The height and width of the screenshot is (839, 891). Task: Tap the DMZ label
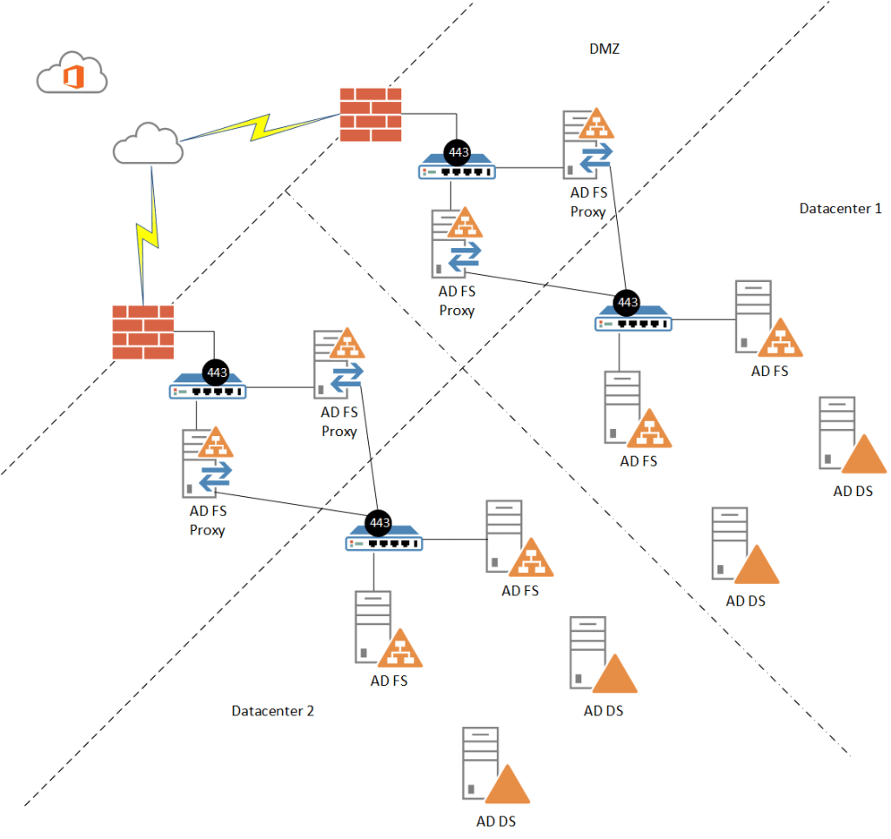(x=604, y=49)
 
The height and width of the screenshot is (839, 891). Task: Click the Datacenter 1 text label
(x=841, y=209)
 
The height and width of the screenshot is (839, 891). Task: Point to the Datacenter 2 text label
(x=272, y=711)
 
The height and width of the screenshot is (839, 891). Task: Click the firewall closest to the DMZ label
(x=371, y=114)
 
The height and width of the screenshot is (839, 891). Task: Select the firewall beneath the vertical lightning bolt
(x=143, y=332)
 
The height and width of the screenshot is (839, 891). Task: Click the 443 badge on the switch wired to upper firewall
(x=458, y=153)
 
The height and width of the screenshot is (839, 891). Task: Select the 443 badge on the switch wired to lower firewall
(x=217, y=373)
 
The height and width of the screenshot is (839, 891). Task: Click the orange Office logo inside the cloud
(x=73, y=77)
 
